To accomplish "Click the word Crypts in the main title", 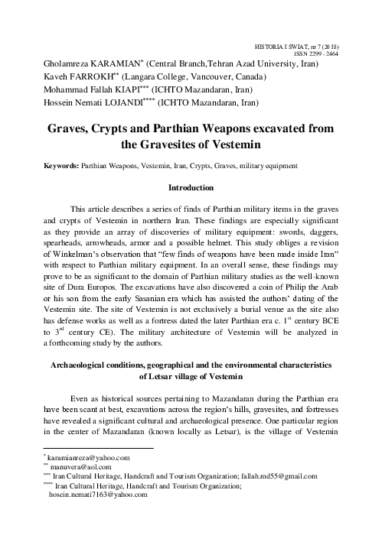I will [140, 123].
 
